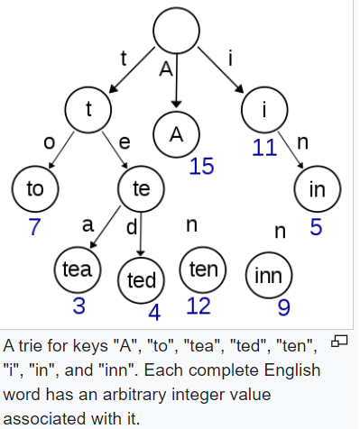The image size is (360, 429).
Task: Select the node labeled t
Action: pyautogui.click(x=88, y=110)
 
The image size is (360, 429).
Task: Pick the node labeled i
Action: pyautogui.click(x=263, y=110)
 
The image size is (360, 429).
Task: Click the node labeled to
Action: pyautogui.click(x=35, y=188)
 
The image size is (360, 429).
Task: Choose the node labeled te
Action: pyautogui.click(x=141, y=188)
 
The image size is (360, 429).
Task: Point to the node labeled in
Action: pyautogui.click(x=317, y=188)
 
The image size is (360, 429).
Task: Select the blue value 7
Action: pyautogui.click(x=34, y=226)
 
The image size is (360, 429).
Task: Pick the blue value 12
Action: pyautogui.click(x=198, y=306)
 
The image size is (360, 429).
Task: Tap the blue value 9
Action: pyautogui.click(x=283, y=308)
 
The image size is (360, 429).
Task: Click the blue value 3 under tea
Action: pyautogui.click(x=79, y=306)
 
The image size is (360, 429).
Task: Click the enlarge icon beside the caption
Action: pyautogui.click(x=339, y=340)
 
